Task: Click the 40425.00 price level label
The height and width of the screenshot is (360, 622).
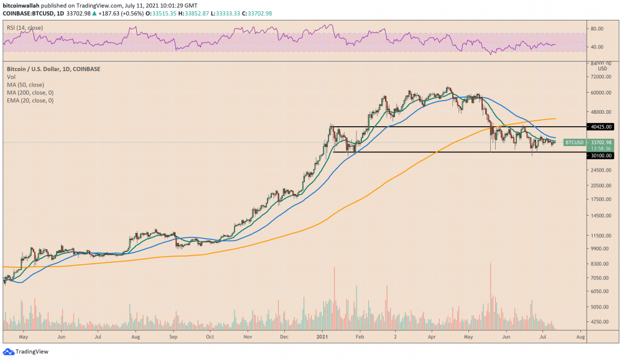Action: [601, 127]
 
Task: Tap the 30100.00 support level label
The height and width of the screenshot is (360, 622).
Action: [601, 157]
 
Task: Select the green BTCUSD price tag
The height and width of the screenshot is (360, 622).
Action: [574, 142]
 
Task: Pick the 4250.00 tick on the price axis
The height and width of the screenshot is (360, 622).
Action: [601, 322]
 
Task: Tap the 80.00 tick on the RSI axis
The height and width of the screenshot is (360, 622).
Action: [598, 29]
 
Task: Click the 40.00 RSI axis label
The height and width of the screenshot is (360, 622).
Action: [598, 47]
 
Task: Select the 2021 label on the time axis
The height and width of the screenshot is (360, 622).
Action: [322, 336]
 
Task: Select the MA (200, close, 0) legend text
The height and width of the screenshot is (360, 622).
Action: [30, 93]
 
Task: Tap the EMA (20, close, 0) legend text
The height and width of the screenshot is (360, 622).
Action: [30, 100]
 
